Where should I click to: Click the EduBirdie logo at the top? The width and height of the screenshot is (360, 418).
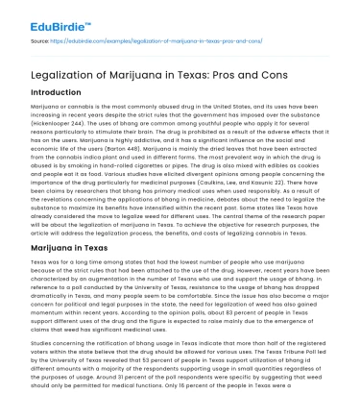[46, 16]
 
